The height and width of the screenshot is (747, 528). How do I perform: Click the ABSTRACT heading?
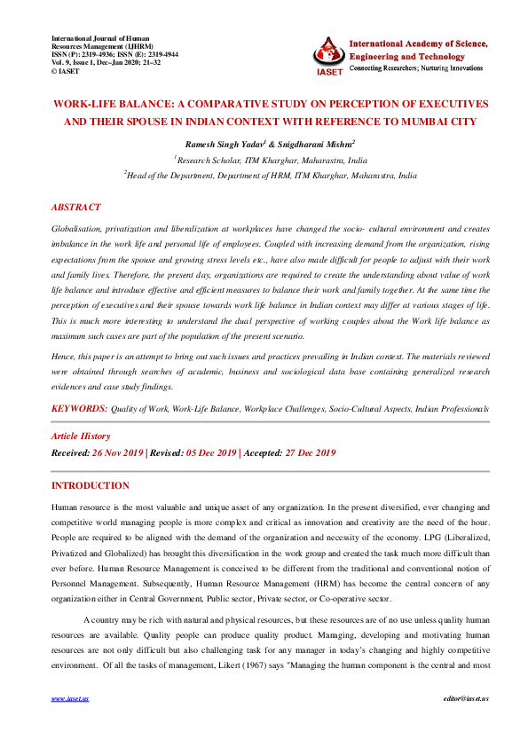(75, 207)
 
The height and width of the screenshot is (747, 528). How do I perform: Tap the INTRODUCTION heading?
(91, 485)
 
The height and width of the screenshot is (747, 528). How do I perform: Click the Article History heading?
(81, 436)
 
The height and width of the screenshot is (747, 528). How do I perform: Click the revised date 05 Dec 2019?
(210, 452)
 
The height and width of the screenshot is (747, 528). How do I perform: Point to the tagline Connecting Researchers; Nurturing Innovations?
(417, 68)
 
